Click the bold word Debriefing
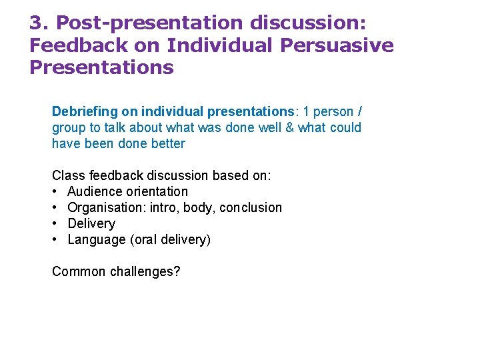pyautogui.click(x=86, y=111)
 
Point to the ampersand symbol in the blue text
pyautogui.click(x=289, y=127)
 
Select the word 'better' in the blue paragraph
pyautogui.click(x=168, y=143)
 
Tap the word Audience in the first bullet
pyautogui.click(x=95, y=191)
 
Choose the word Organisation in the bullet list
pyautogui.click(x=105, y=207)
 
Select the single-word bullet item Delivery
pyautogui.click(x=91, y=223)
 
